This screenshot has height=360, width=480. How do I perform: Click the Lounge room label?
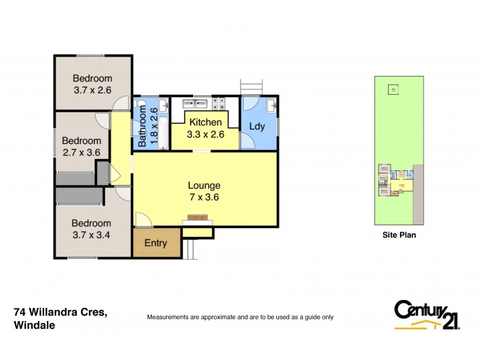(x=204, y=191)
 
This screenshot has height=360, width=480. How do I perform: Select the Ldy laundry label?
(x=257, y=127)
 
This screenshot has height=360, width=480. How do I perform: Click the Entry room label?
(x=155, y=244)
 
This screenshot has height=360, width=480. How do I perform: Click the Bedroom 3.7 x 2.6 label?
(x=92, y=83)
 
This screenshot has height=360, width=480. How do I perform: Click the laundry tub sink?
(x=272, y=106)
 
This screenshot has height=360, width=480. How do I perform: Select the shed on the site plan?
(x=394, y=90)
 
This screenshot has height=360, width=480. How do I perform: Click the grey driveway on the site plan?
(x=418, y=192)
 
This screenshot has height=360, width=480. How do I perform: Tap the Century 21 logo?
(x=427, y=314)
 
